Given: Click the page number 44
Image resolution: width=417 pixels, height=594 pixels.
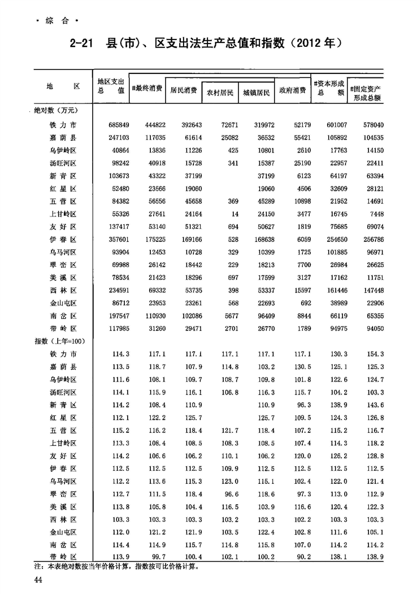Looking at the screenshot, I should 38,580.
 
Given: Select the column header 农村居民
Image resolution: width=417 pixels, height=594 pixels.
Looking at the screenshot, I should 219,92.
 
